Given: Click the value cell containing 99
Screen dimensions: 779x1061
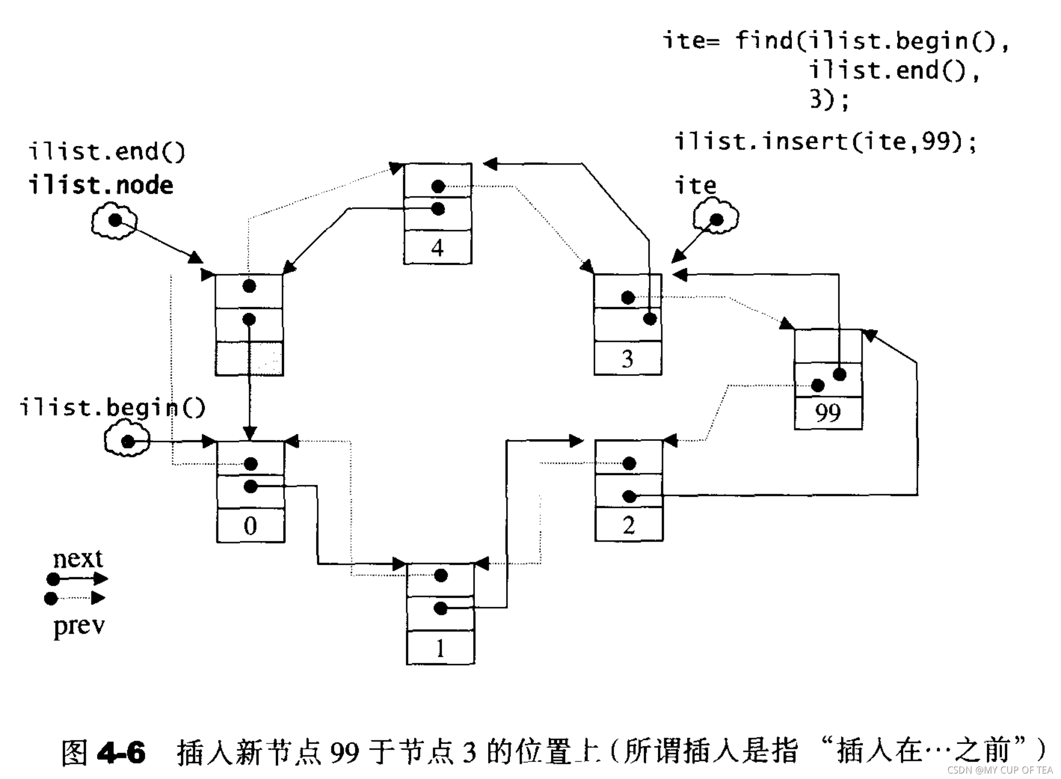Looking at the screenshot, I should coord(828,413).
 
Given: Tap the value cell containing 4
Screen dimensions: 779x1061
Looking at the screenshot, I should coord(437,248).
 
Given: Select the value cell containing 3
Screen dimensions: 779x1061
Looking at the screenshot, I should coord(627,359).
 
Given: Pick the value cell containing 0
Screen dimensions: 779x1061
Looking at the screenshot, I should coord(251,525).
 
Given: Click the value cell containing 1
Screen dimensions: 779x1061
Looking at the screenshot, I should coord(440,648).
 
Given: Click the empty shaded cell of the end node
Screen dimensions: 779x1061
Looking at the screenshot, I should coord(249,359).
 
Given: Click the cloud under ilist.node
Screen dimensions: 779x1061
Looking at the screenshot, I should coord(114,220).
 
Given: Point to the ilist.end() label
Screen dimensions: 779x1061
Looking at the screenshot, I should coord(107,151).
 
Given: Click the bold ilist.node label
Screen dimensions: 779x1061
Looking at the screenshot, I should coord(101,186).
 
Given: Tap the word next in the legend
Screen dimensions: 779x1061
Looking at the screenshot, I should coord(78,559).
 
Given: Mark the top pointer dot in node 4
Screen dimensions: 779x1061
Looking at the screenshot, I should coord(438,186).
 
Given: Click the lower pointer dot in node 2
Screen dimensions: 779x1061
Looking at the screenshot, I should coord(629,496).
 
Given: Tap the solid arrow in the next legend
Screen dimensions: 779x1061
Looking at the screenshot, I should coord(80,579).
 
